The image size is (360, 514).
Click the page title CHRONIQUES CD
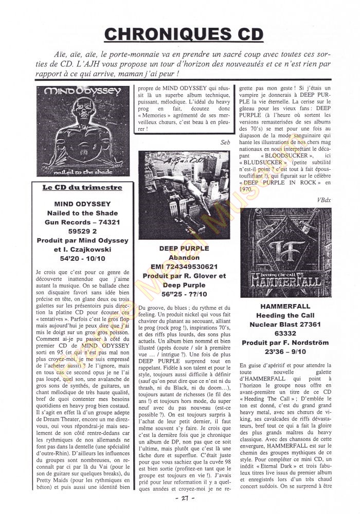pyautogui.click(x=184, y=34)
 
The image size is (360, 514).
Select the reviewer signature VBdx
pyautogui.click(x=322, y=199)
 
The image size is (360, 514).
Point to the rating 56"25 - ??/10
pyautogui.click(x=184, y=294)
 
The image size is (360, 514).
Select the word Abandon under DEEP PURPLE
pyautogui.click(x=184, y=257)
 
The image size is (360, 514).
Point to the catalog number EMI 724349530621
pyautogui.click(x=184, y=267)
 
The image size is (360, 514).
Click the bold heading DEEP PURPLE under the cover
pyautogui.click(x=184, y=248)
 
